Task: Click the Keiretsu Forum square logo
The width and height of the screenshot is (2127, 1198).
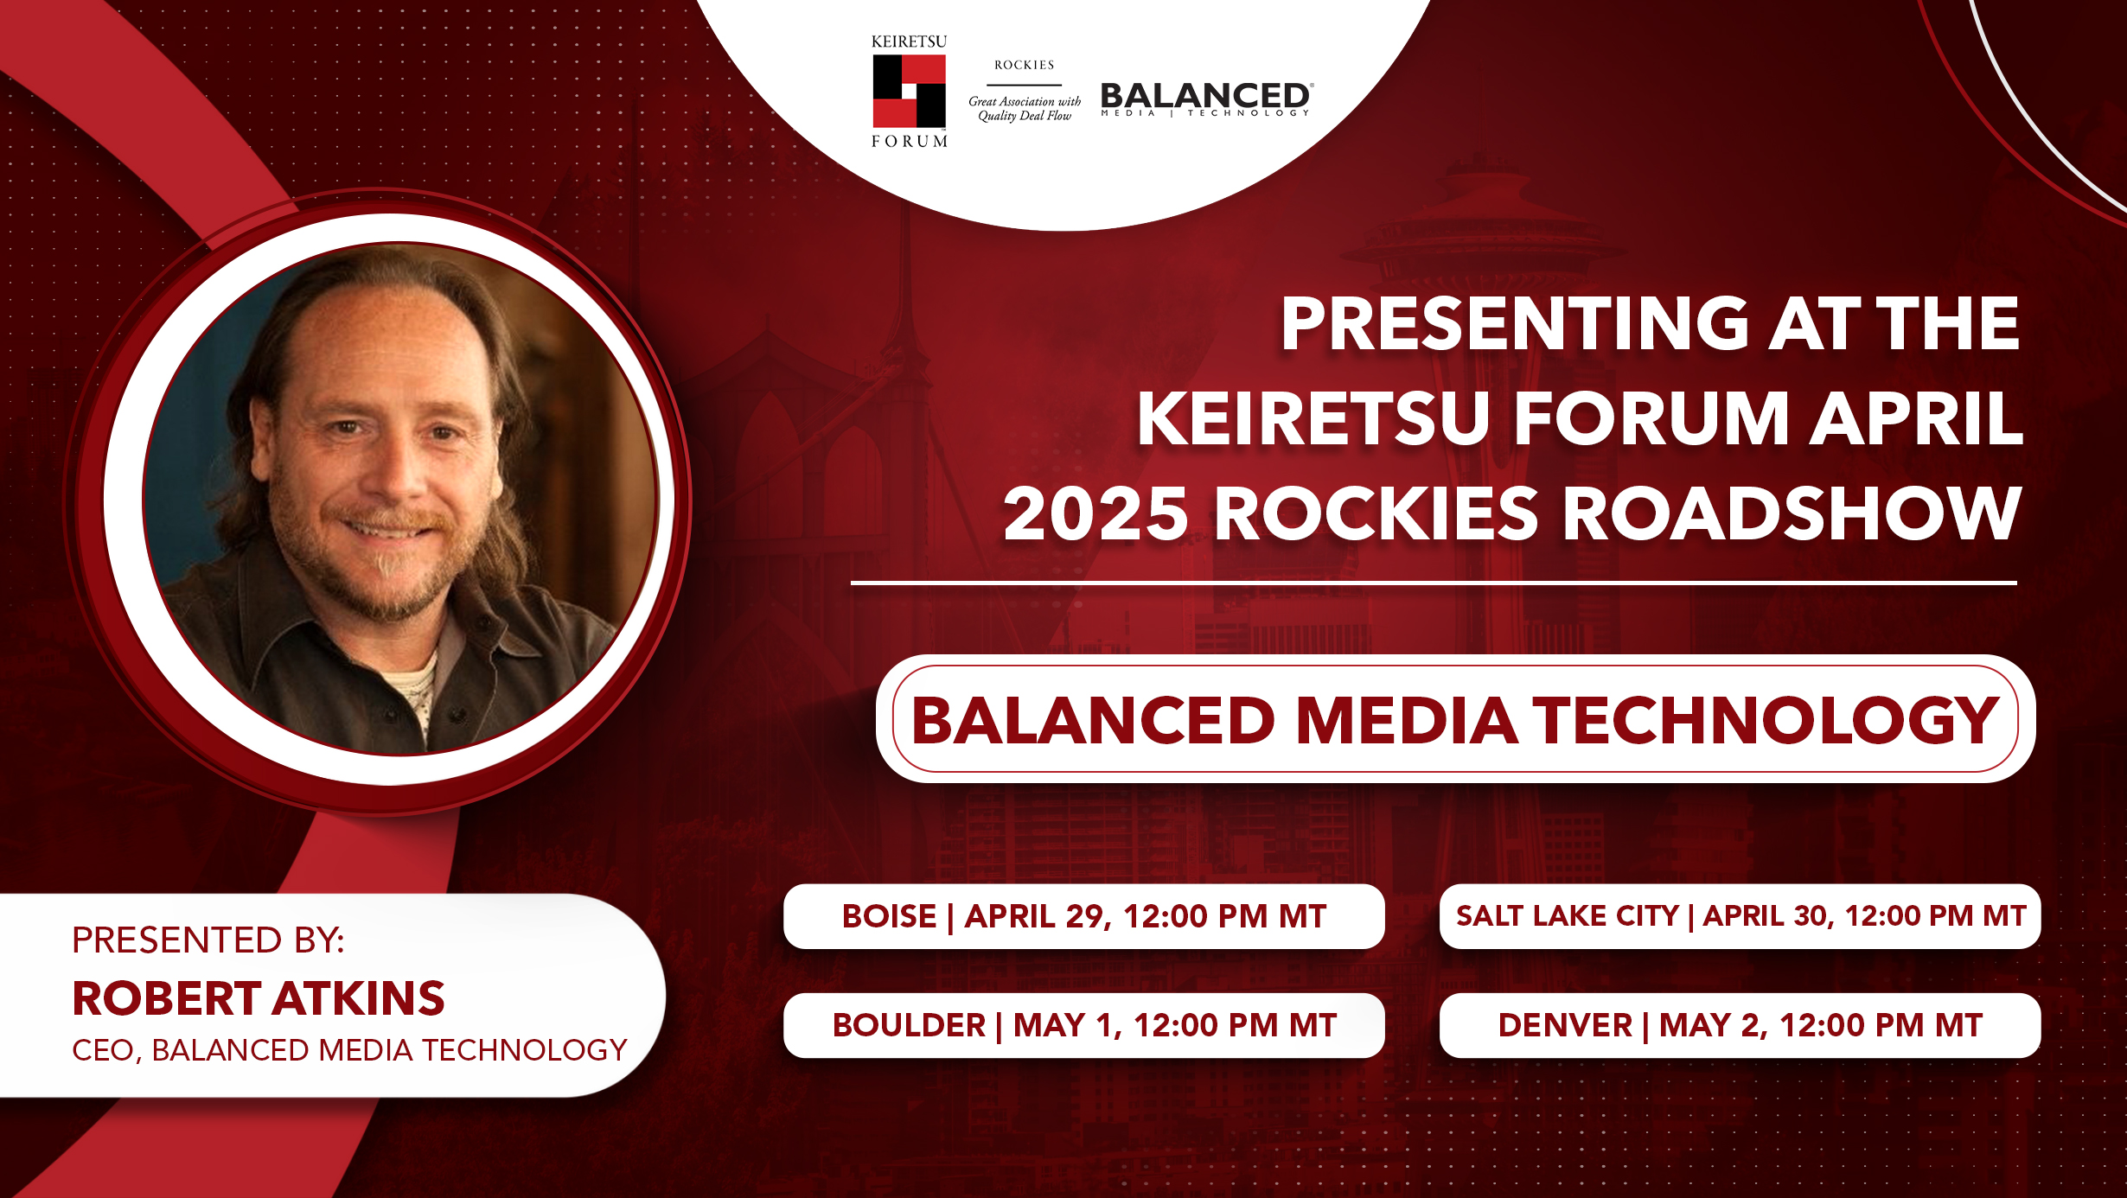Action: pyautogui.click(x=909, y=91)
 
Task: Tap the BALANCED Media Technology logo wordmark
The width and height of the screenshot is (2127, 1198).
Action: pyautogui.click(x=1207, y=99)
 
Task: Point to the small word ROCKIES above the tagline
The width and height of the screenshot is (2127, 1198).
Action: pyautogui.click(x=1025, y=65)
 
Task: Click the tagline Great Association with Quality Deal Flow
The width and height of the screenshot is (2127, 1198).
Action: pyautogui.click(x=1025, y=108)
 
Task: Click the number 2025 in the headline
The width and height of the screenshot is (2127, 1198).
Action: pyautogui.click(x=1095, y=513)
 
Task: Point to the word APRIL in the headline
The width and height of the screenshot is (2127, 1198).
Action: pyautogui.click(x=1917, y=418)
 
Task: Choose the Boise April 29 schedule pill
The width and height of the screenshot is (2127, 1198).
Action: pyautogui.click(x=1084, y=916)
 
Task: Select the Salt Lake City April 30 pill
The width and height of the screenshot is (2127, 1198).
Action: pyautogui.click(x=1740, y=916)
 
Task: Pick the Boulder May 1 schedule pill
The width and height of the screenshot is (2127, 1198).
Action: pyautogui.click(x=1084, y=1025)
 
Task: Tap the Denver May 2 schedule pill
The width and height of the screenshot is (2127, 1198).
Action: pyautogui.click(x=1740, y=1025)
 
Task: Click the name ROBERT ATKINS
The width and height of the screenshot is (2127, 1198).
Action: pyautogui.click(x=259, y=998)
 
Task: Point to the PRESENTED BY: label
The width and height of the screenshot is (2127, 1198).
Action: pyautogui.click(x=208, y=940)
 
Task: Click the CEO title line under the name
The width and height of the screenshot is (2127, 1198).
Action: pyautogui.click(x=349, y=1050)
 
